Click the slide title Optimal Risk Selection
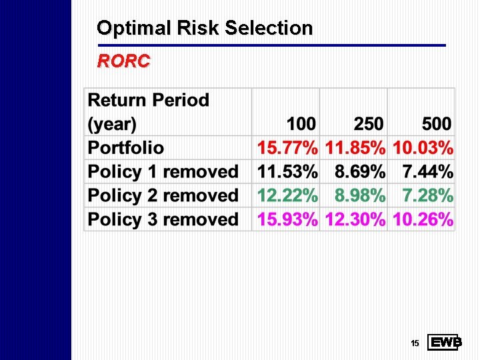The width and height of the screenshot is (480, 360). [205, 28]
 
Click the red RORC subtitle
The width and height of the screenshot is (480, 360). [124, 62]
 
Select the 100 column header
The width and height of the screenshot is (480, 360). [301, 124]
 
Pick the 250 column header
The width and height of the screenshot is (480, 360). [369, 124]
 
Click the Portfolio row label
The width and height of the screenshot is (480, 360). [126, 148]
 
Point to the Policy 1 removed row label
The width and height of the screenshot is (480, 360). [163, 172]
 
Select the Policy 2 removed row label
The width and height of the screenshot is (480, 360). [163, 196]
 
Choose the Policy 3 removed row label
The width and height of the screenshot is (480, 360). [163, 219]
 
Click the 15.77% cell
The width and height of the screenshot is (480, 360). [287, 148]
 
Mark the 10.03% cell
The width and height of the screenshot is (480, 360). [423, 148]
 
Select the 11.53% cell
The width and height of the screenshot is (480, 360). [287, 172]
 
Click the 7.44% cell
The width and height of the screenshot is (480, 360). [428, 172]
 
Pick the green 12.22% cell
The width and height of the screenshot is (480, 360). [287, 196]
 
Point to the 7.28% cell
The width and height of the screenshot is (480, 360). [428, 196]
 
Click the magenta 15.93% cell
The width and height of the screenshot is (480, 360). [287, 219]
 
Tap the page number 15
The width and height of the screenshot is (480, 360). [415, 343]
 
